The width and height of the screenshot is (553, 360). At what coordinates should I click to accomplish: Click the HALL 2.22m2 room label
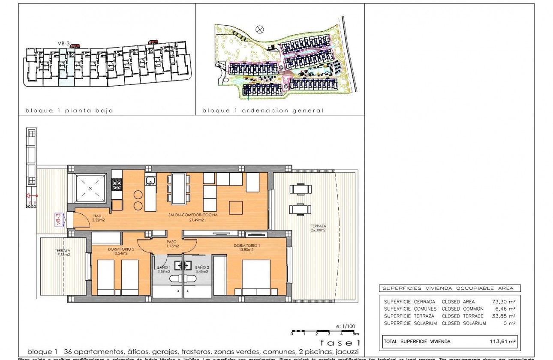[x=99, y=217]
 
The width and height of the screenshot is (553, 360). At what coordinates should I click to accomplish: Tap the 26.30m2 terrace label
[x=319, y=228]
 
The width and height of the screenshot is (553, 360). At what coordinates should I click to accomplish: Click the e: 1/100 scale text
[x=346, y=327]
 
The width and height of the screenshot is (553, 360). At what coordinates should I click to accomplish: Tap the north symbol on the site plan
[x=259, y=29]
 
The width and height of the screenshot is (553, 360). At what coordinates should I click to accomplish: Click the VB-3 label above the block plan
[x=63, y=43]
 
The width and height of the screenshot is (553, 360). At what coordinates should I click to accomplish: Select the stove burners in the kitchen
[x=117, y=184]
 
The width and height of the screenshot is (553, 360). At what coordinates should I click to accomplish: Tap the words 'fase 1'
[x=340, y=343]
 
